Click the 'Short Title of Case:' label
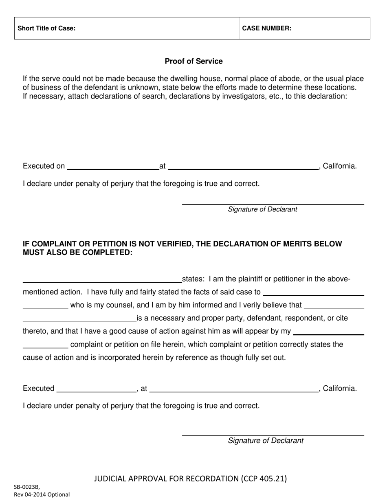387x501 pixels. pyautogui.click(x=46, y=29)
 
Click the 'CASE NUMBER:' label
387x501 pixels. pyautogui.click(x=267, y=29)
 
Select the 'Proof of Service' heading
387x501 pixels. pyautogui.click(x=193, y=62)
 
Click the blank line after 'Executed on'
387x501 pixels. pyautogui.click(x=113, y=167)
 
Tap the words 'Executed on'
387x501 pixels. pyautogui.click(x=44, y=166)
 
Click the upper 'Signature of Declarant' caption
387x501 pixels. pyautogui.click(x=262, y=209)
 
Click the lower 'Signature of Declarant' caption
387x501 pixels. pyautogui.click(x=265, y=441)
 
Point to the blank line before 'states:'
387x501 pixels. pyautogui.click(x=102, y=280)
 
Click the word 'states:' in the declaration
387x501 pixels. pyautogui.click(x=193, y=279)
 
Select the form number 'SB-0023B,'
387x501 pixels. pyautogui.click(x=27, y=487)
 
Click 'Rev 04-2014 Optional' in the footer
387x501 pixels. pyautogui.click(x=42, y=495)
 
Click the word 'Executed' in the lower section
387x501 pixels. pyautogui.click(x=39, y=389)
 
